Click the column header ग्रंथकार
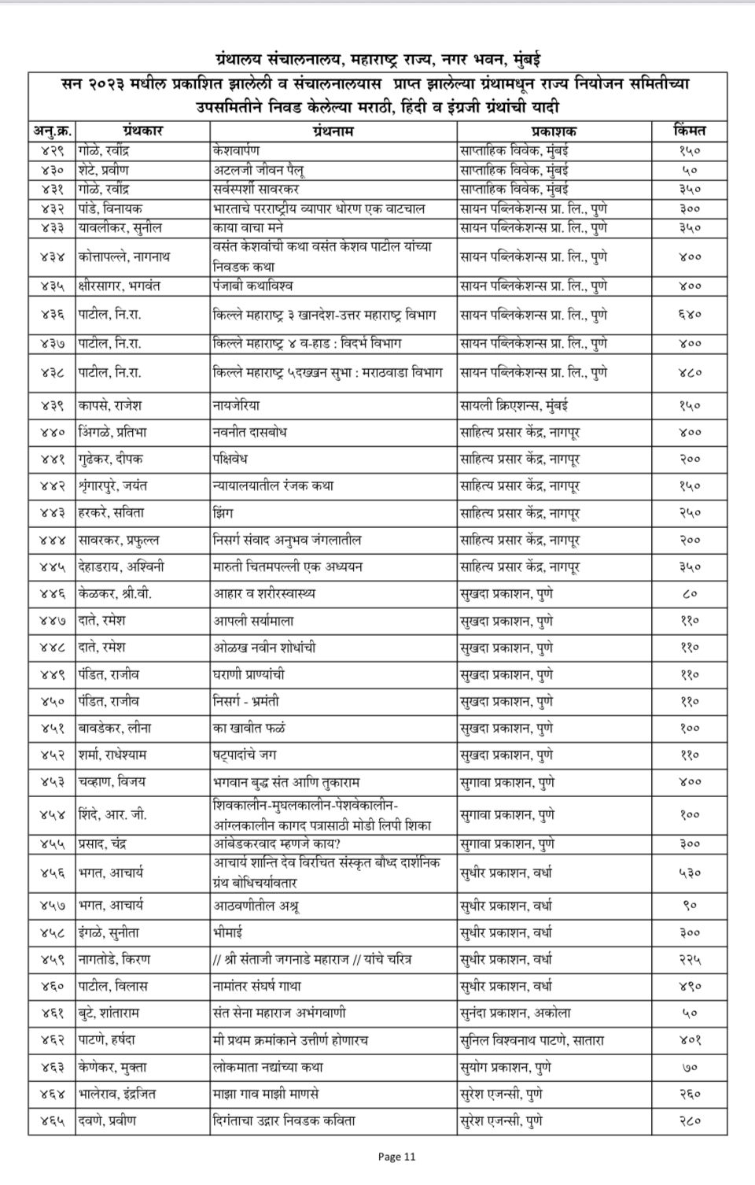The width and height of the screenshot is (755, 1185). tap(142, 131)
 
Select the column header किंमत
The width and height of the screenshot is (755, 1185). tap(690, 131)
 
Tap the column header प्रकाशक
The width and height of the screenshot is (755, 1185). tap(554, 131)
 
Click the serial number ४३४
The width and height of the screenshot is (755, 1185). tap(53, 257)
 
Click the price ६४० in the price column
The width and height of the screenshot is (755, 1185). tap(690, 315)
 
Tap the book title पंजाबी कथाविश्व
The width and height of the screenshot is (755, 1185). tap(252, 286)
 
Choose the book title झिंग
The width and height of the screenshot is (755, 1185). tap(225, 513)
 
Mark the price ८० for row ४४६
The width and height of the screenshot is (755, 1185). tap(690, 594)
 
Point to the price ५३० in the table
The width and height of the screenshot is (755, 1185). tap(690, 873)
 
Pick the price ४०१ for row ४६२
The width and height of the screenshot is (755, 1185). tap(690, 1040)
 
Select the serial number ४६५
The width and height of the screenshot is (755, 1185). tap(53, 1120)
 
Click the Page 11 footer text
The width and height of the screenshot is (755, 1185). tap(396, 1157)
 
